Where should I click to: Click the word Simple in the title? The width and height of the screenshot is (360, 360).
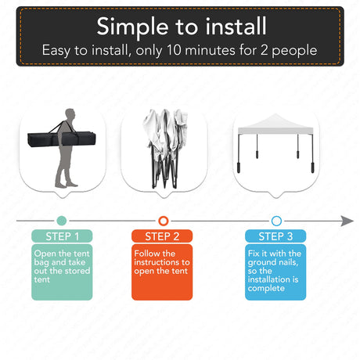pyautogui.click(x=132, y=27)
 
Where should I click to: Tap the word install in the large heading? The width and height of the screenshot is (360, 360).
pyautogui.click(x=236, y=26)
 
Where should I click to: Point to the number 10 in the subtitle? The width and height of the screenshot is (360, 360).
pyautogui.click(x=174, y=50)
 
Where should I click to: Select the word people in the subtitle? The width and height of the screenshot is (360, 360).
pyautogui.click(x=294, y=51)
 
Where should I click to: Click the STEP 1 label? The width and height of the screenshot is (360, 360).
pyautogui.click(x=62, y=236)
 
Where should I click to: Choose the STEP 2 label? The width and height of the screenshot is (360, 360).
pyautogui.click(x=162, y=236)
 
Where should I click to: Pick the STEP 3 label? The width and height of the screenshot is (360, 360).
pyautogui.click(x=275, y=236)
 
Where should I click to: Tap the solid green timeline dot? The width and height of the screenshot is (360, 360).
pyautogui.click(x=62, y=221)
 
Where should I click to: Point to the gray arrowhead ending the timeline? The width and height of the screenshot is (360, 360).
pyautogui.click(x=347, y=221)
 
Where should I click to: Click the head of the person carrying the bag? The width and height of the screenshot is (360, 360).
pyautogui.click(x=70, y=114)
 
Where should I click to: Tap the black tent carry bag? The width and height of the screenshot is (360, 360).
pyautogui.click(x=62, y=139)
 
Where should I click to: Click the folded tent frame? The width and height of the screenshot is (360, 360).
pyautogui.click(x=165, y=149)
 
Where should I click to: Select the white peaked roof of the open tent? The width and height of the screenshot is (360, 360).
pyautogui.click(x=275, y=124)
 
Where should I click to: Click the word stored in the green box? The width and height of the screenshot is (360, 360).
pyautogui.click(x=77, y=271)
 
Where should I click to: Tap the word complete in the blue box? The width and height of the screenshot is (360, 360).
pyautogui.click(x=266, y=289)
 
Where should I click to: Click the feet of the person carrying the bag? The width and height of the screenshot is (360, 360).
pyautogui.click(x=67, y=185)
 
